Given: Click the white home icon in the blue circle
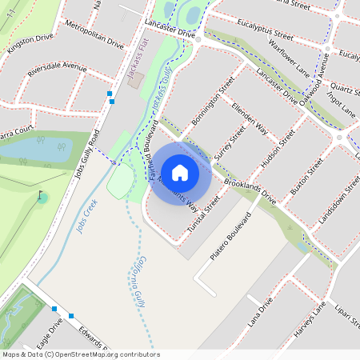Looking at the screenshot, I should point(180,172).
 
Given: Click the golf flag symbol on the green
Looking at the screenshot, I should point(41,194).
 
